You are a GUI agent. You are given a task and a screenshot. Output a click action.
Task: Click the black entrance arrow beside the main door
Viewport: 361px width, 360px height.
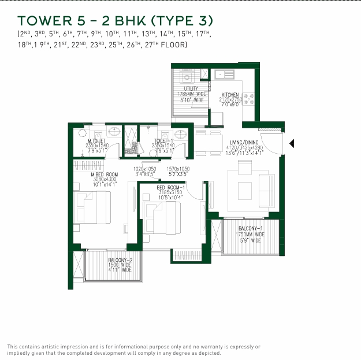[292, 143]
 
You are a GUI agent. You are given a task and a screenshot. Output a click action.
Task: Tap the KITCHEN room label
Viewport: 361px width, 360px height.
[231, 94]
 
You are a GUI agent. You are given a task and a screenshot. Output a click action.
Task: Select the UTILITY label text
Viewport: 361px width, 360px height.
[191, 88]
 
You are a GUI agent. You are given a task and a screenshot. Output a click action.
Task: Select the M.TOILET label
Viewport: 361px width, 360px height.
[97, 141]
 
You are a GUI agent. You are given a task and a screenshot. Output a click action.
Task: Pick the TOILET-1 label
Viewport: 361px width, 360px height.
[164, 141]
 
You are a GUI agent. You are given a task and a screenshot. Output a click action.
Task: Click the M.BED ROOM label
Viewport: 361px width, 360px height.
[104, 174]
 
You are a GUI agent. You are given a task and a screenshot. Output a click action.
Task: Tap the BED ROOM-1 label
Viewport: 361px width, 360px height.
[171, 188]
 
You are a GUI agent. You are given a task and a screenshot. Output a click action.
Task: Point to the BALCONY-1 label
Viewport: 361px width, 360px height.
[251, 229]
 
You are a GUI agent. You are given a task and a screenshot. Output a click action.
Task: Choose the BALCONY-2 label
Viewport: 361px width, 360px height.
[120, 260]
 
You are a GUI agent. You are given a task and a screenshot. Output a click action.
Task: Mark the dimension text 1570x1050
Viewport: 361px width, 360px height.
[178, 168]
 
